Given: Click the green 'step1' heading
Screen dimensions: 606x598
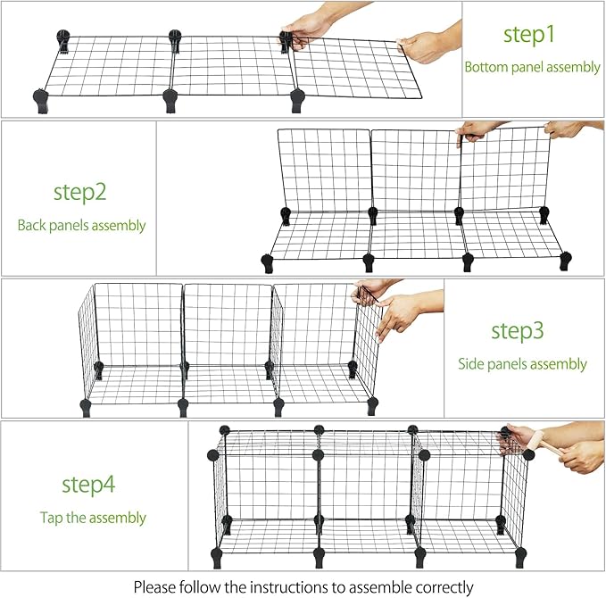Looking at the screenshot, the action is pos(528,35).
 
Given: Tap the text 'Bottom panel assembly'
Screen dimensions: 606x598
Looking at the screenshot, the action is pos(532,67).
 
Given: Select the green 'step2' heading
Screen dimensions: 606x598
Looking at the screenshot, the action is pos(80,192).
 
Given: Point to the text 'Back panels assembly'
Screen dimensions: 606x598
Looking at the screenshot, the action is pos(81,225).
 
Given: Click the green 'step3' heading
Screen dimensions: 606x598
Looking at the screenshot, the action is pos(518,331).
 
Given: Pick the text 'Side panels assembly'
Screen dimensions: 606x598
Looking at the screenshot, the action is pos(522,364).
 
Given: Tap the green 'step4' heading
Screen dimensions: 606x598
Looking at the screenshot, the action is pos(88,484).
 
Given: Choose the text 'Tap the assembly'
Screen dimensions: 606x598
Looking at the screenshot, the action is pos(93,518).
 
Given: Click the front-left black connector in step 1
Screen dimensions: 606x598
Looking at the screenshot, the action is pos(41,101).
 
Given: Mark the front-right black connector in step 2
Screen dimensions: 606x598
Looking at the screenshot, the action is pos(565,261).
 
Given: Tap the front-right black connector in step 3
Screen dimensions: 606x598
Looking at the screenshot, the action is pos(372,406).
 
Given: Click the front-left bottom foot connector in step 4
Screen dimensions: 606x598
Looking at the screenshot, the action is pos(216,558).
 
